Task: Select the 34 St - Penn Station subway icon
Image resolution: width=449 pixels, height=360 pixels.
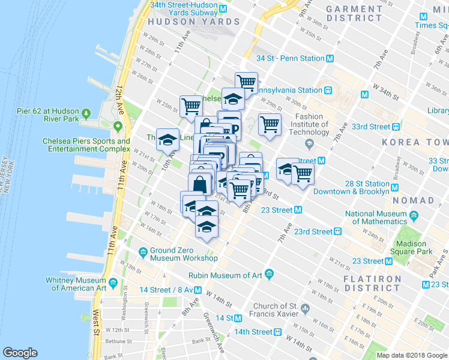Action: pyautogui.click(x=330, y=59)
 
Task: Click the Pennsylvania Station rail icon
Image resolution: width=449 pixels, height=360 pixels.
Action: pyautogui.click(x=328, y=90)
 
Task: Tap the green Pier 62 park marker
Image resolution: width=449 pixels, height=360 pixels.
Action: pyautogui.click(x=86, y=112)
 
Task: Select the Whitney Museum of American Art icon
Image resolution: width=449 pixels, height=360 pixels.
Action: pyautogui.click(x=112, y=281)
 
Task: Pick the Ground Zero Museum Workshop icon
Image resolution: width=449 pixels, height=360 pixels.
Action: pyautogui.click(x=143, y=251)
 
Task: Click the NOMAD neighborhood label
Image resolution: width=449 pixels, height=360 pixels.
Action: pyautogui.click(x=414, y=200)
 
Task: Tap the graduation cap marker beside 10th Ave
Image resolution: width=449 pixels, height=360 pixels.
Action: pyautogui.click(x=167, y=140)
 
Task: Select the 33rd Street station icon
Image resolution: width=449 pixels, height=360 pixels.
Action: pyautogui.click(x=396, y=127)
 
